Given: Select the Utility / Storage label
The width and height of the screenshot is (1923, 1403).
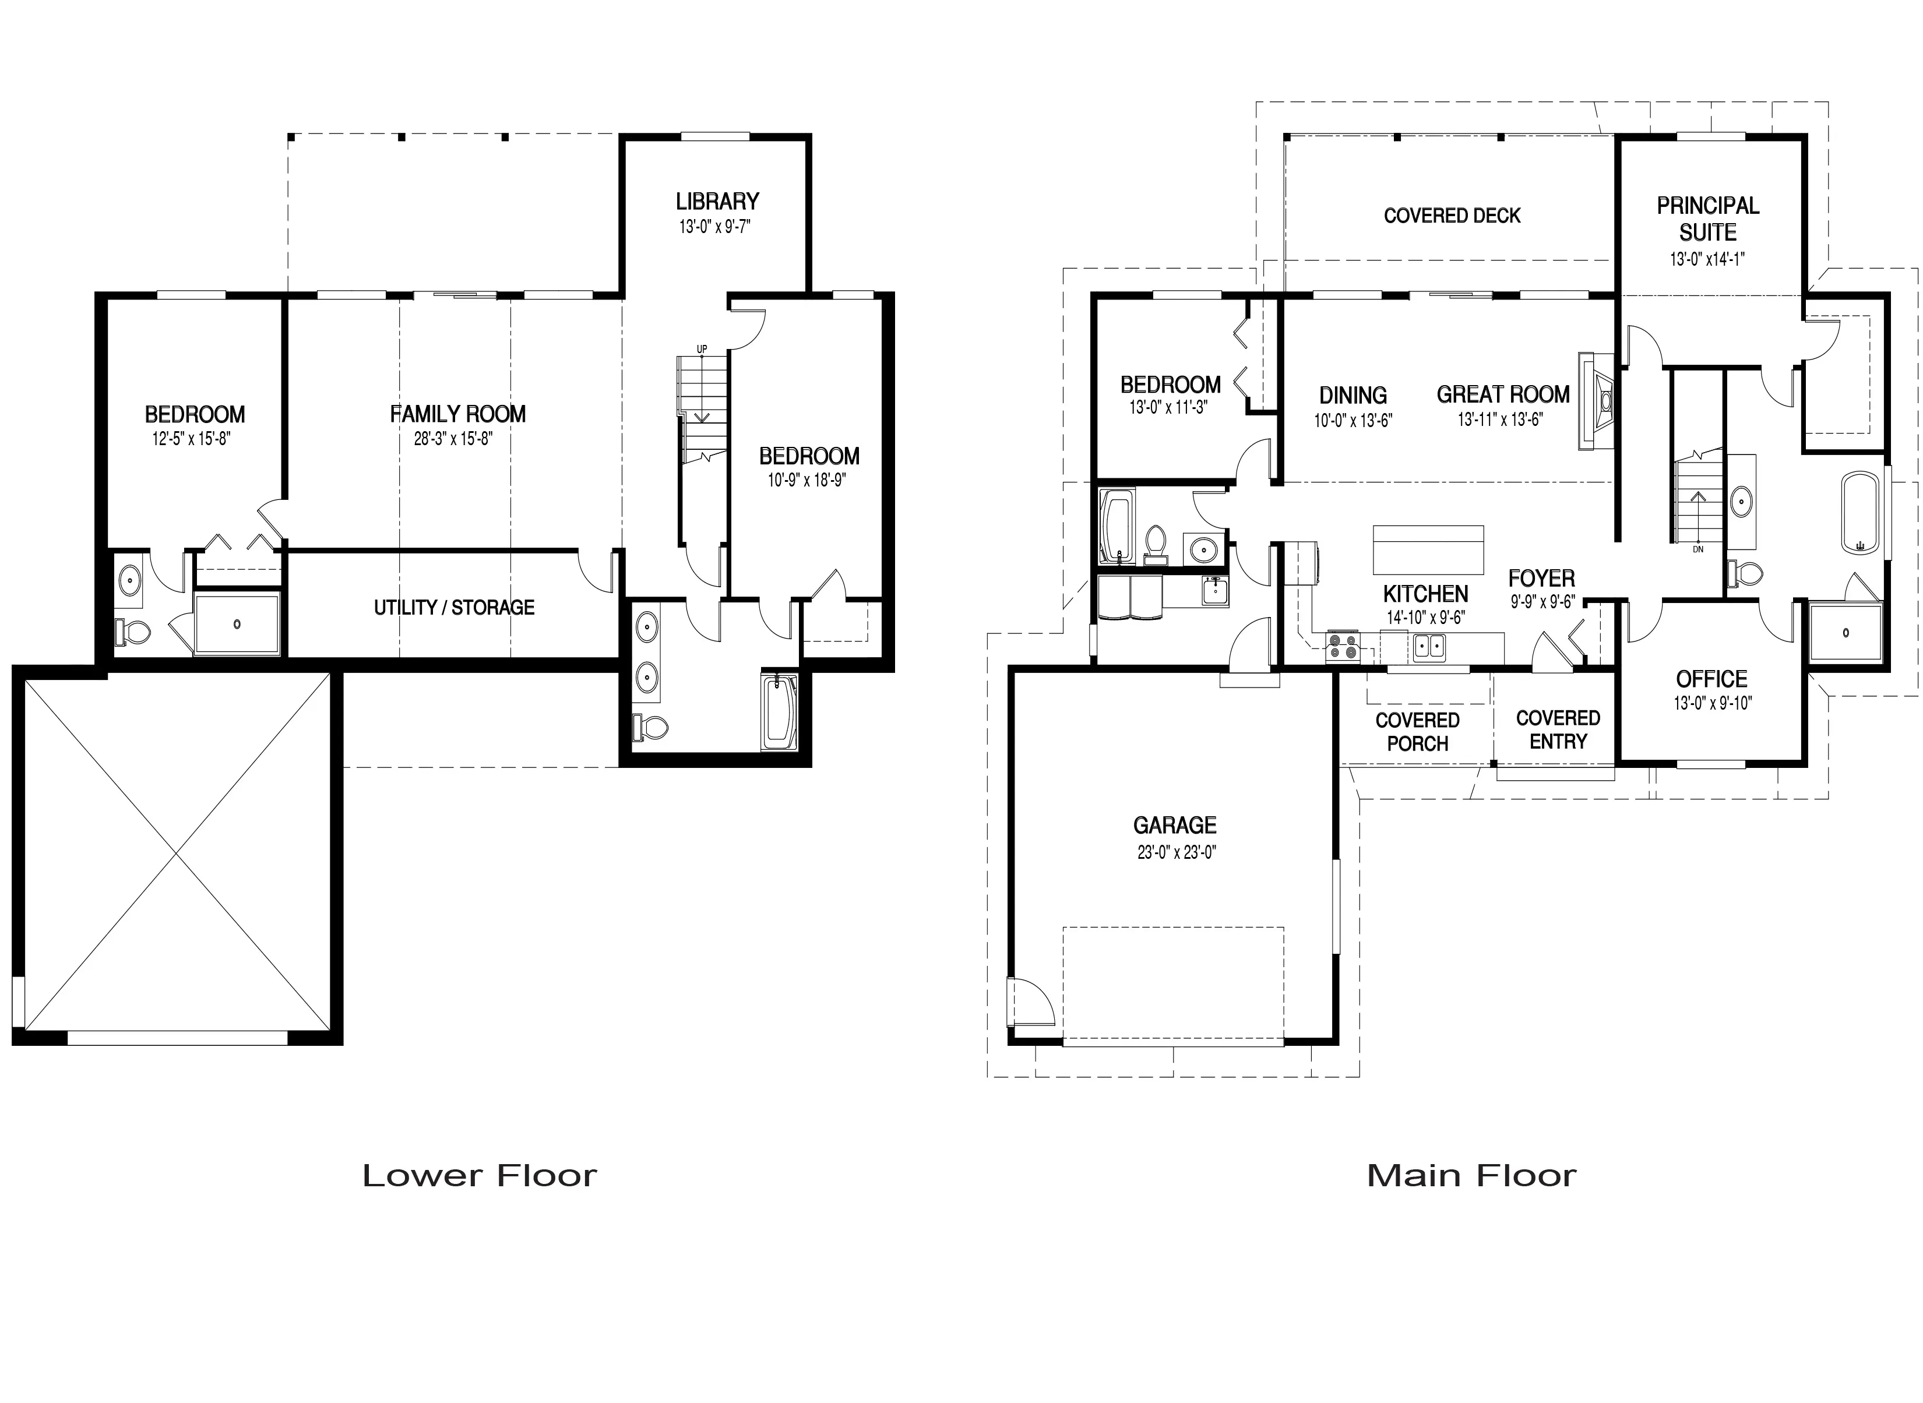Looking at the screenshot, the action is [x=455, y=607].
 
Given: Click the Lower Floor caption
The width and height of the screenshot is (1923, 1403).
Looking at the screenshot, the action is [x=480, y=1175].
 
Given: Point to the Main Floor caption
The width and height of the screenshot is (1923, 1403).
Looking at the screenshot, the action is [x=1472, y=1175].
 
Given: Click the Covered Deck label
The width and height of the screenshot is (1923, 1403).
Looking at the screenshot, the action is [x=1452, y=216].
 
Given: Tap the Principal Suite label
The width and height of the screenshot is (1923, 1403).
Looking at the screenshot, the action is [x=1708, y=218].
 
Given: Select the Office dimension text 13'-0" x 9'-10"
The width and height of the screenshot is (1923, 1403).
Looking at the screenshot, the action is [x=1713, y=704].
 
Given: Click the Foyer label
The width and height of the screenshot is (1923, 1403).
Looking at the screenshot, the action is [x=1542, y=579].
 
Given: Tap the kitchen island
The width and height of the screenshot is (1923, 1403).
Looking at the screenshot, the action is [x=1429, y=551].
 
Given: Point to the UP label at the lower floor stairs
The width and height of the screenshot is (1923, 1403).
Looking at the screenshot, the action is [x=702, y=349].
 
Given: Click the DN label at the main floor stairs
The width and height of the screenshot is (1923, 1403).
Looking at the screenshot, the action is [x=1698, y=549].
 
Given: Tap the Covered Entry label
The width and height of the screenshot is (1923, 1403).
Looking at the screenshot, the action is [x=1558, y=729].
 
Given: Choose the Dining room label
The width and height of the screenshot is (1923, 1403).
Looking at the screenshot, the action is [x=1353, y=395].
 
